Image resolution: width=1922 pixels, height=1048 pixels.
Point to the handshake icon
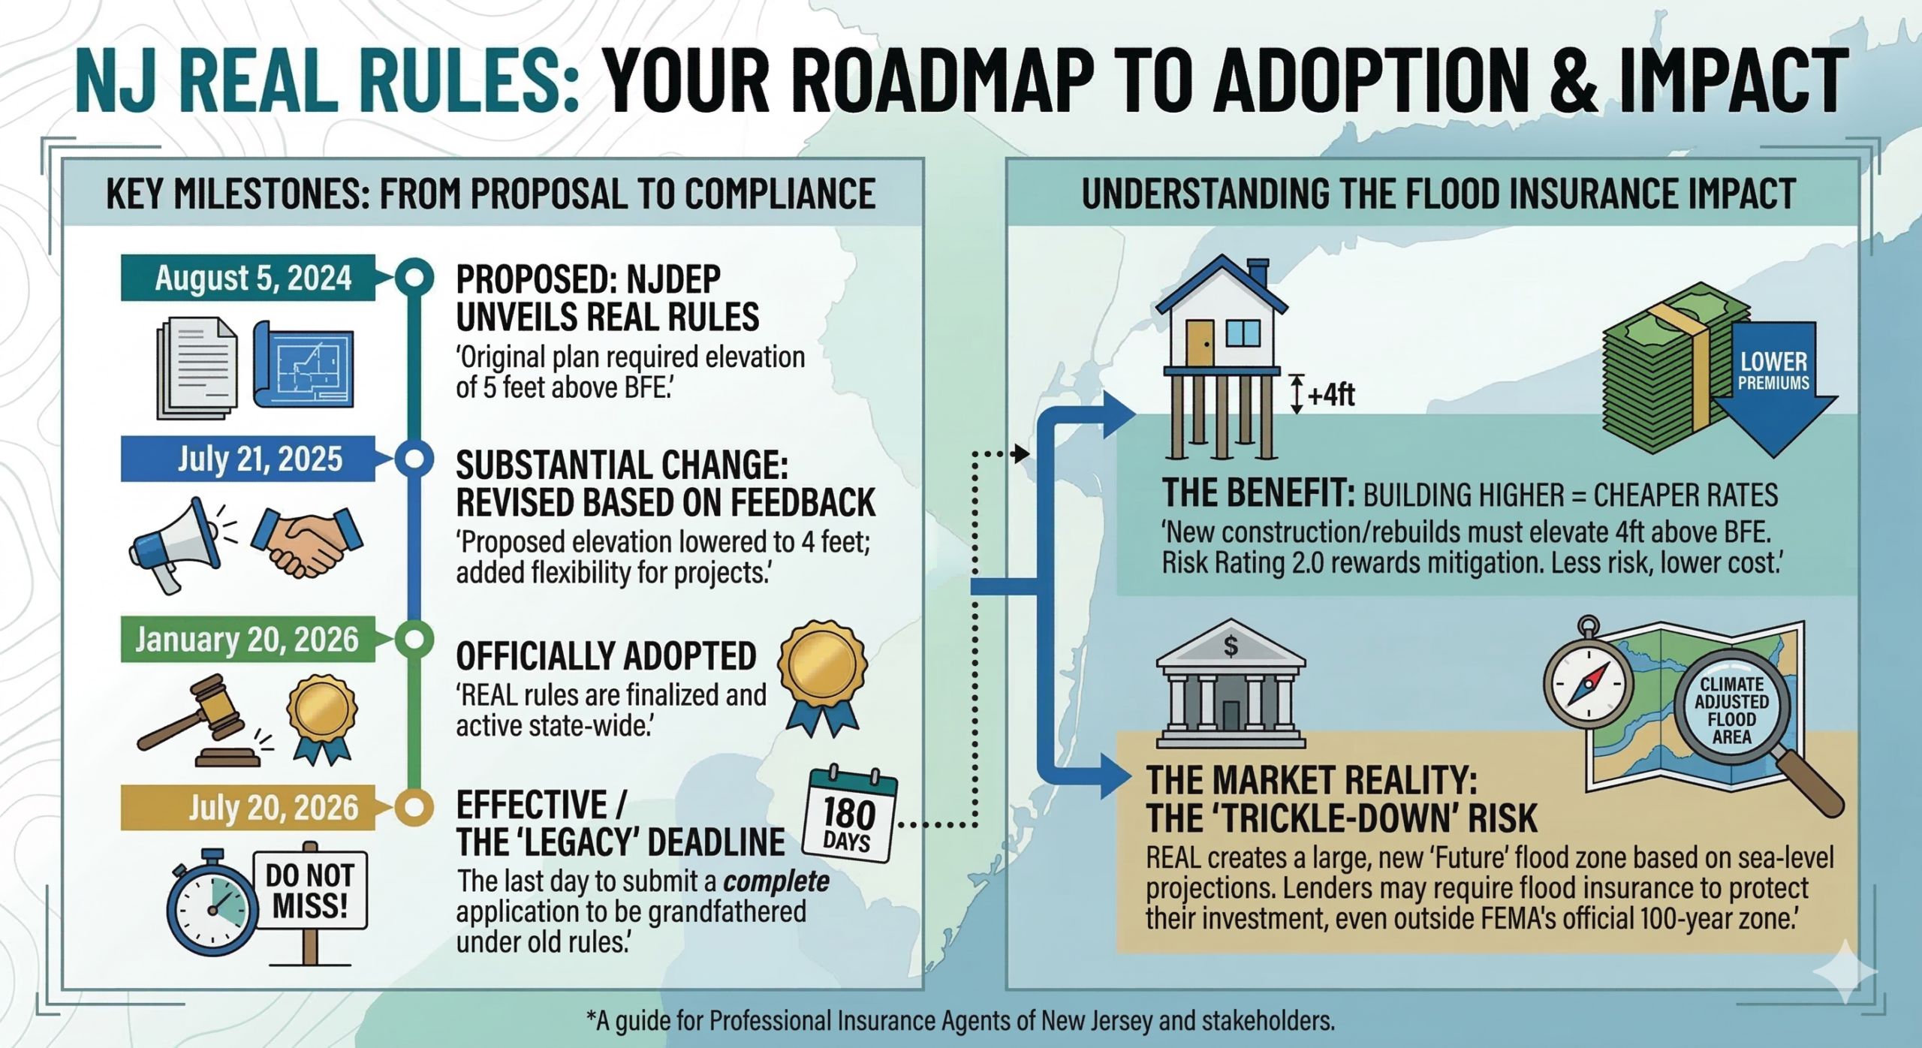coord(307,541)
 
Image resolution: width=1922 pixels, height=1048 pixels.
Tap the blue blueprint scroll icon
coord(303,364)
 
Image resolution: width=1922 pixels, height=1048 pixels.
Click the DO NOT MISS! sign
coord(310,891)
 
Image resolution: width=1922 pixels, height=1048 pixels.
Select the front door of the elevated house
coord(1200,342)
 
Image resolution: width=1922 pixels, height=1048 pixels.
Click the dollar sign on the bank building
coord(1231,646)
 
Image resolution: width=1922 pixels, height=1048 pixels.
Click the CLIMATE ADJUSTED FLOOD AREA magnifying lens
coord(1732,709)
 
